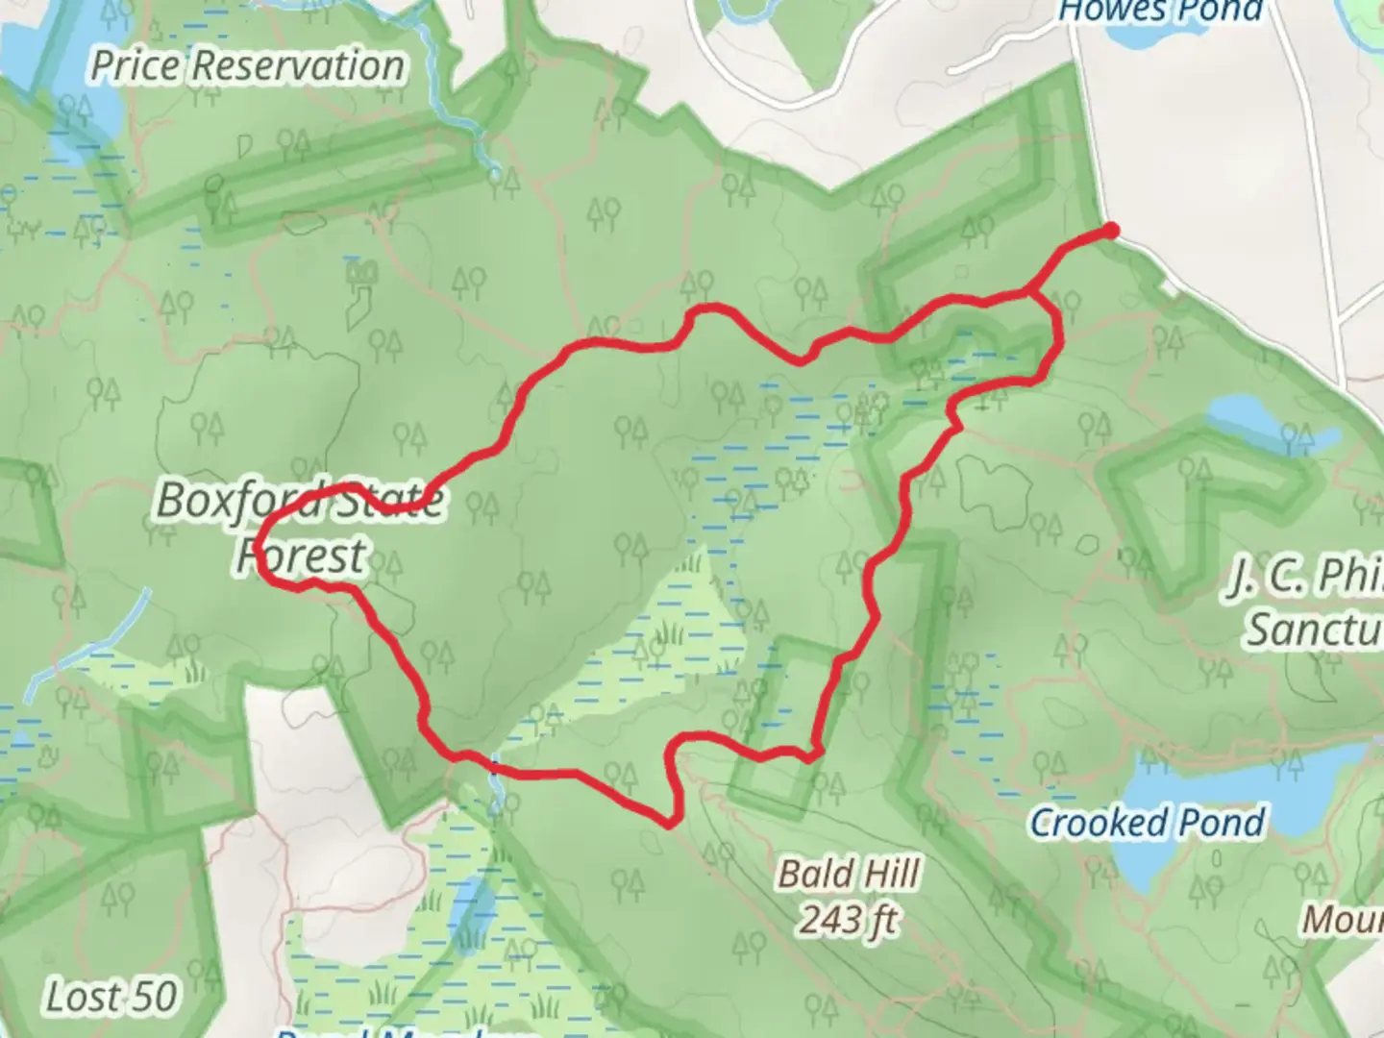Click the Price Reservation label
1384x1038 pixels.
coord(247,65)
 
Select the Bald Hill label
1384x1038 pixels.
coord(849,874)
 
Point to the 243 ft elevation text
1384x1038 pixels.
coord(849,921)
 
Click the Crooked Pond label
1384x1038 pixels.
coord(1148,823)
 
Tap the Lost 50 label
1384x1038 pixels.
coord(111,997)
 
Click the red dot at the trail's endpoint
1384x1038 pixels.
coord(1111,231)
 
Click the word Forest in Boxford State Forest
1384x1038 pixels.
coord(302,556)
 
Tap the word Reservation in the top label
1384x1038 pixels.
coord(298,65)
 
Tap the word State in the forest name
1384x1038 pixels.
coord(390,500)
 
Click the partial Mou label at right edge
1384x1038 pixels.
coord(1343,920)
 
